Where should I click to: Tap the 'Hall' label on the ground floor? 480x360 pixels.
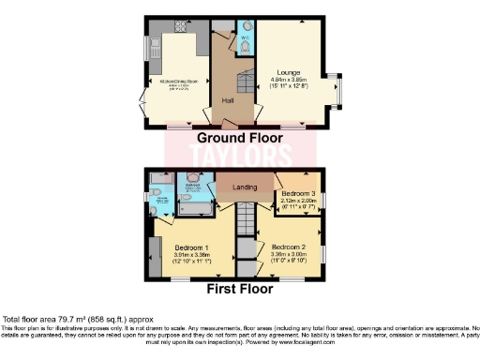[x=228, y=99]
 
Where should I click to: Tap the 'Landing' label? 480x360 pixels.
[x=246, y=186]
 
